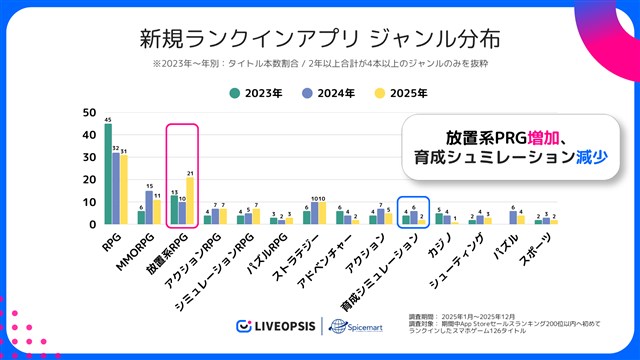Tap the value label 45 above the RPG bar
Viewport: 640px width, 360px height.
108,119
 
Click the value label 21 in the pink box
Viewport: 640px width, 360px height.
190,173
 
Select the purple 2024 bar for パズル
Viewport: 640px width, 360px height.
513,218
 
